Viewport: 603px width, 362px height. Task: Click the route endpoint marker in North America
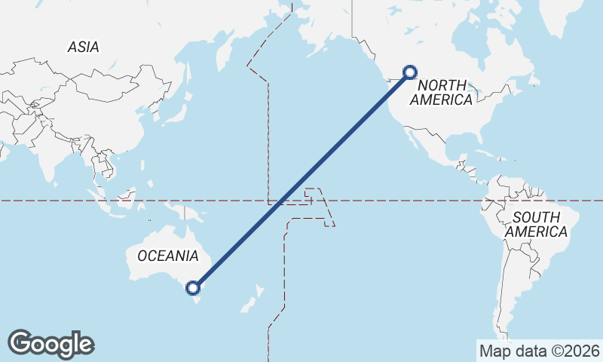point(410,72)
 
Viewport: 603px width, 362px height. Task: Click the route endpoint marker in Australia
point(194,287)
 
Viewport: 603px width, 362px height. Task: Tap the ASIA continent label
point(83,47)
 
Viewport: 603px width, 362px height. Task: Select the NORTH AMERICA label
point(445,92)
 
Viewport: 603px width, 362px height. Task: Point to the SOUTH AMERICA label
point(536,225)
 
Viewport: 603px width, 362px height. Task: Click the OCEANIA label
point(167,256)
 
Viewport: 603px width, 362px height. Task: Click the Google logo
point(51,344)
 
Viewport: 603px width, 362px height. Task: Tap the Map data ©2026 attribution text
point(539,351)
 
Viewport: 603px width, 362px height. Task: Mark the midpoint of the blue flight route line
point(301,179)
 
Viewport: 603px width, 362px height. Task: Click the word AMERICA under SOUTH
point(536,232)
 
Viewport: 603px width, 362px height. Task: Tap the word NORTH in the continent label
point(436,85)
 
